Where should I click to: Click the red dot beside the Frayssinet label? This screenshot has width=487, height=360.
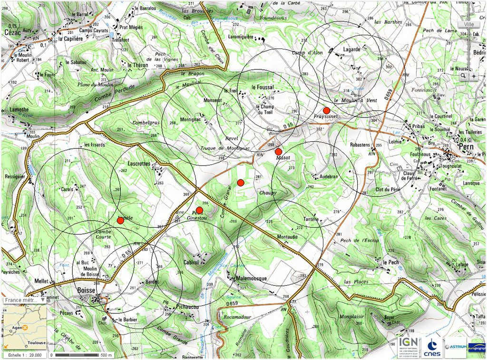[x=326, y=110]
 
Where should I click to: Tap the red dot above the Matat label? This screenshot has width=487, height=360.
[x=278, y=152]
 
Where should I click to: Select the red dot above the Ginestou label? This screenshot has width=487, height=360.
[x=199, y=210]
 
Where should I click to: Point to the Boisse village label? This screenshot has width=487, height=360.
[x=86, y=290]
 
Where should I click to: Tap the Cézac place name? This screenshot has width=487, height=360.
[x=12, y=32]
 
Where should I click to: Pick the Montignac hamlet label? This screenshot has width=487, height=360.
[x=191, y=120]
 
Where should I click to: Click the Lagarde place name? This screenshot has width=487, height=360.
[x=351, y=49]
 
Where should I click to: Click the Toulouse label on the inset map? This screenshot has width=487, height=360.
[x=36, y=342]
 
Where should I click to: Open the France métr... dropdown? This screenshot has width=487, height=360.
[x=25, y=301]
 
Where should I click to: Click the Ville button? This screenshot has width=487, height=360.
[x=469, y=24]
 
